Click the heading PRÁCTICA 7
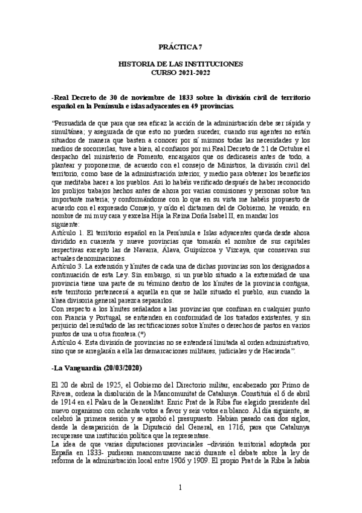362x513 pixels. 181,46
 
